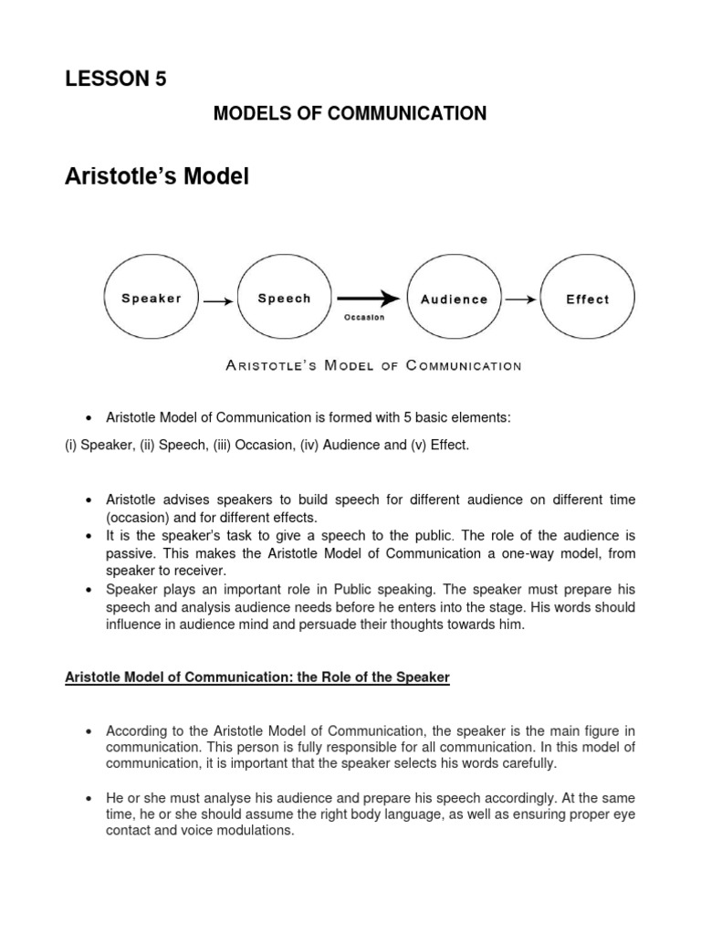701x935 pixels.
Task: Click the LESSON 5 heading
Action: [x=115, y=79]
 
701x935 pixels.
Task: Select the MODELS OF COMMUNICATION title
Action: [x=350, y=113]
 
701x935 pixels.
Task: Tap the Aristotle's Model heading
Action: [x=156, y=175]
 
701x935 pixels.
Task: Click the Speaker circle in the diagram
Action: [x=151, y=299]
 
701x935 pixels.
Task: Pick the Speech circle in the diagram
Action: [x=284, y=299]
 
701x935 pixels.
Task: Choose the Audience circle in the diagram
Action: [x=454, y=299]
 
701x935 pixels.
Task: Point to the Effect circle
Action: [x=587, y=299]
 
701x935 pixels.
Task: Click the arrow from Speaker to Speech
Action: [x=217, y=299]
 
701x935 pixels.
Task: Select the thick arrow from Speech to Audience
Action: [x=368, y=299]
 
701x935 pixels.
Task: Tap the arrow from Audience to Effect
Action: [x=520, y=299]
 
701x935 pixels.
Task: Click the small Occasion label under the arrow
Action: [x=364, y=318]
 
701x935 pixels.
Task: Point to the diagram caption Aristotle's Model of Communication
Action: [x=372, y=366]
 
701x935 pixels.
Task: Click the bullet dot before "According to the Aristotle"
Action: [x=89, y=732]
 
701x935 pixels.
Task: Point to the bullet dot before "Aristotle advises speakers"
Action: [x=89, y=501]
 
